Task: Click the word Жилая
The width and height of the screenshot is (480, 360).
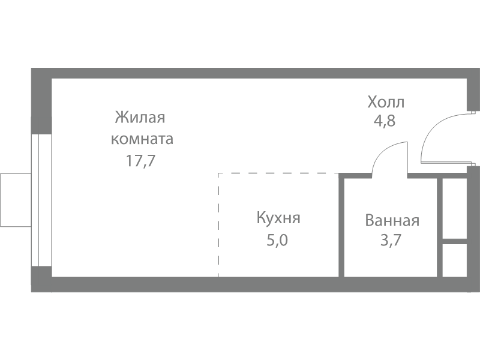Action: click(x=140, y=117)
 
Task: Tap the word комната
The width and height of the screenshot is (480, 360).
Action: click(x=142, y=139)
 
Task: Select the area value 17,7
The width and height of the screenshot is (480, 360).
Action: click(x=141, y=160)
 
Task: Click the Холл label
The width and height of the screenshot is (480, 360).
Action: click(x=386, y=102)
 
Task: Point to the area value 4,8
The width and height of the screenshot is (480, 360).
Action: click(x=385, y=121)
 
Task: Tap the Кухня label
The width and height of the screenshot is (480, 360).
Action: click(x=278, y=218)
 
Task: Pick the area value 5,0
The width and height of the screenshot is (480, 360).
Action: click(x=277, y=240)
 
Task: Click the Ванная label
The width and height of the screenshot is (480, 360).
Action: click(x=392, y=220)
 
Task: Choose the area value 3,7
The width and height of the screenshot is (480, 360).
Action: click(x=391, y=240)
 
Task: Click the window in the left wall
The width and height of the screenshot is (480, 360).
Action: click(x=41, y=200)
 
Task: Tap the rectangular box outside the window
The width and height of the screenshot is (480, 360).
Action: click(x=16, y=200)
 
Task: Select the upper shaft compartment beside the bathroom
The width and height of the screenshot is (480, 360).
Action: click(x=455, y=208)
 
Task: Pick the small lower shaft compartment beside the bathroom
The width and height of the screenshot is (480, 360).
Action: click(x=455, y=260)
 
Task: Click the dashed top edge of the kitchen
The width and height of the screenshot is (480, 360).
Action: click(x=278, y=173)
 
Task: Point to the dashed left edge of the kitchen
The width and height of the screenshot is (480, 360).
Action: click(x=218, y=225)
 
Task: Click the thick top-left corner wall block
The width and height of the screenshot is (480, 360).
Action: click(x=41, y=101)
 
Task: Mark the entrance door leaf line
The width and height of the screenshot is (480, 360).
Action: click(x=446, y=162)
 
